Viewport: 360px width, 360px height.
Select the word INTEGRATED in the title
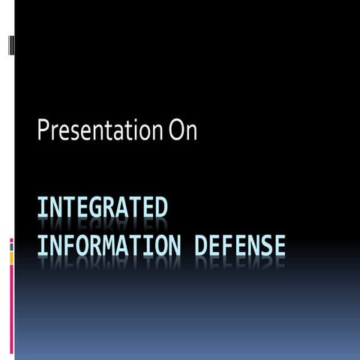[102, 208]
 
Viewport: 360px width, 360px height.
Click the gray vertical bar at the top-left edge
[10, 45]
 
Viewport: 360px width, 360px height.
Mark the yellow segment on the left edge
[11, 257]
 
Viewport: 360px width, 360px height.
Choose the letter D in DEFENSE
[201, 244]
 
